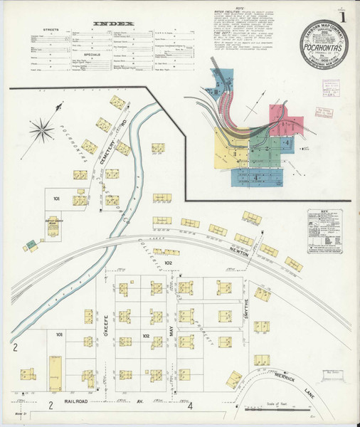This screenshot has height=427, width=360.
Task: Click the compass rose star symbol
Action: (45, 129)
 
